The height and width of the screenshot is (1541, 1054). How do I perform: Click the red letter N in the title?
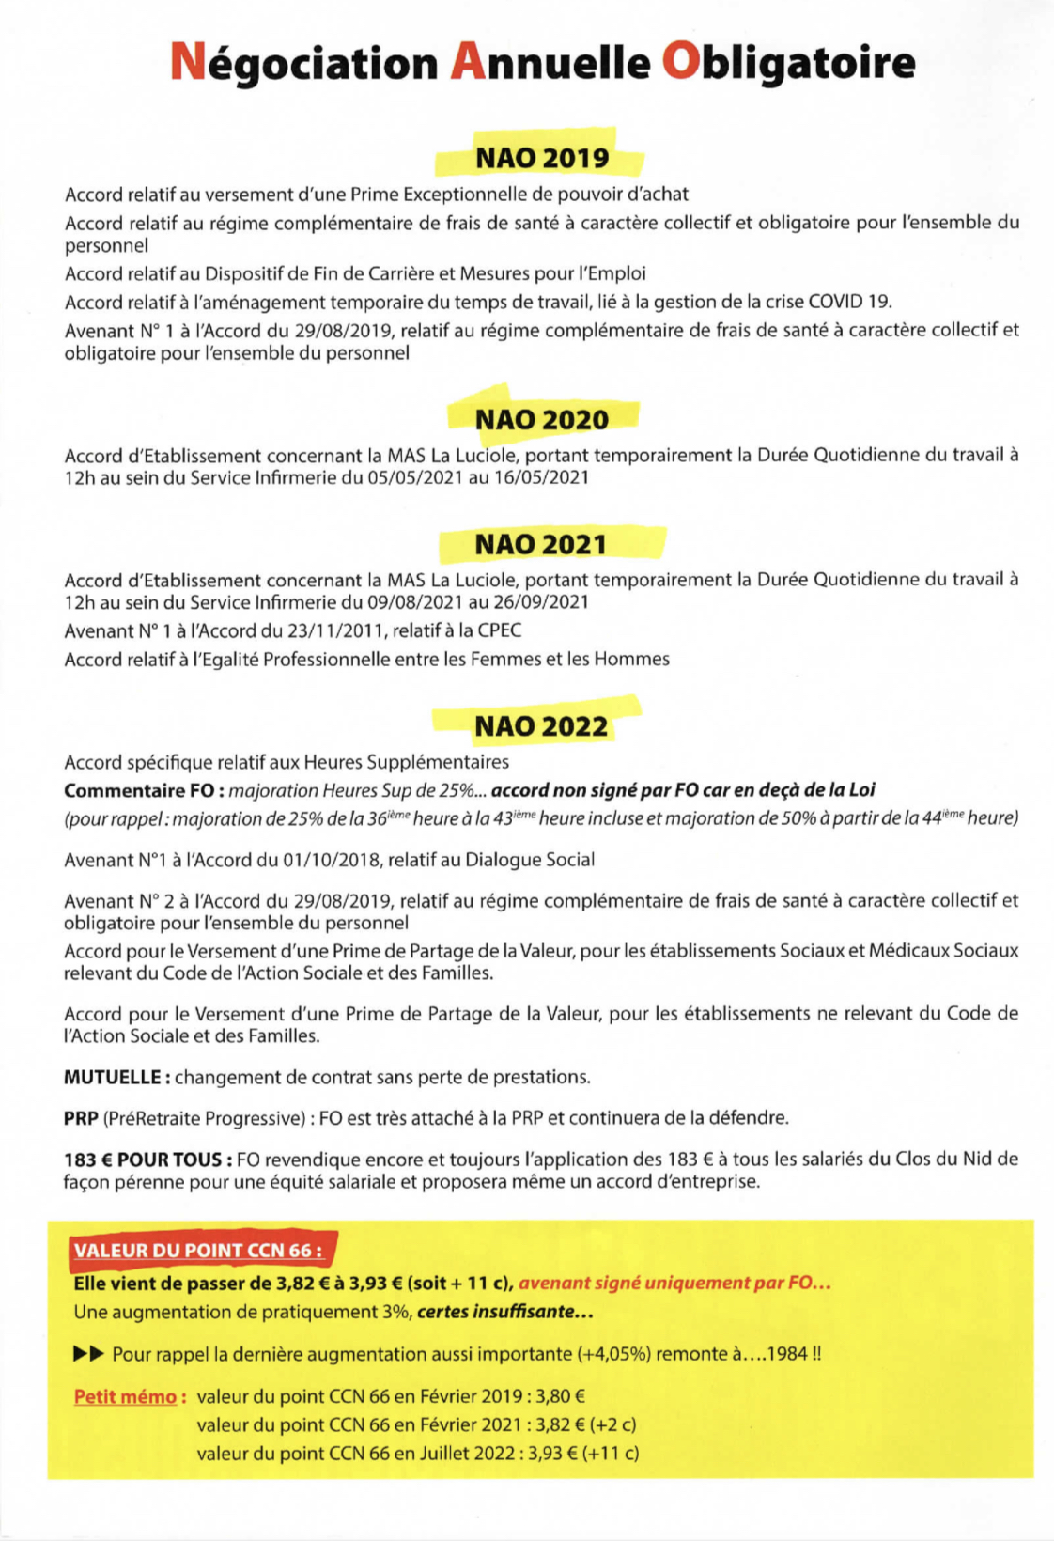[x=188, y=62]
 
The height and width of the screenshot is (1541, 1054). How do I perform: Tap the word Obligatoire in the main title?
[x=788, y=62]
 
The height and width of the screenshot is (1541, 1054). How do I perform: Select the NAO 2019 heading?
[x=542, y=158]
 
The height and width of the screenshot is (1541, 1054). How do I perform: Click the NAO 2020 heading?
[x=542, y=419]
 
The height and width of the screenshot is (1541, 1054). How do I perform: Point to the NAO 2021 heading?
[x=541, y=544]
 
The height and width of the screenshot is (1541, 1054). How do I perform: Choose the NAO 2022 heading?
[x=541, y=726]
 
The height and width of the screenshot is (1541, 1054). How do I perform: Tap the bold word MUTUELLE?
[x=116, y=1077]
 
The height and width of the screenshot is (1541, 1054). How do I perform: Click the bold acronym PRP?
[x=81, y=1118]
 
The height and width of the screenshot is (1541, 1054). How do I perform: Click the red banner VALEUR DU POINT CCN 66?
[x=198, y=1250]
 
